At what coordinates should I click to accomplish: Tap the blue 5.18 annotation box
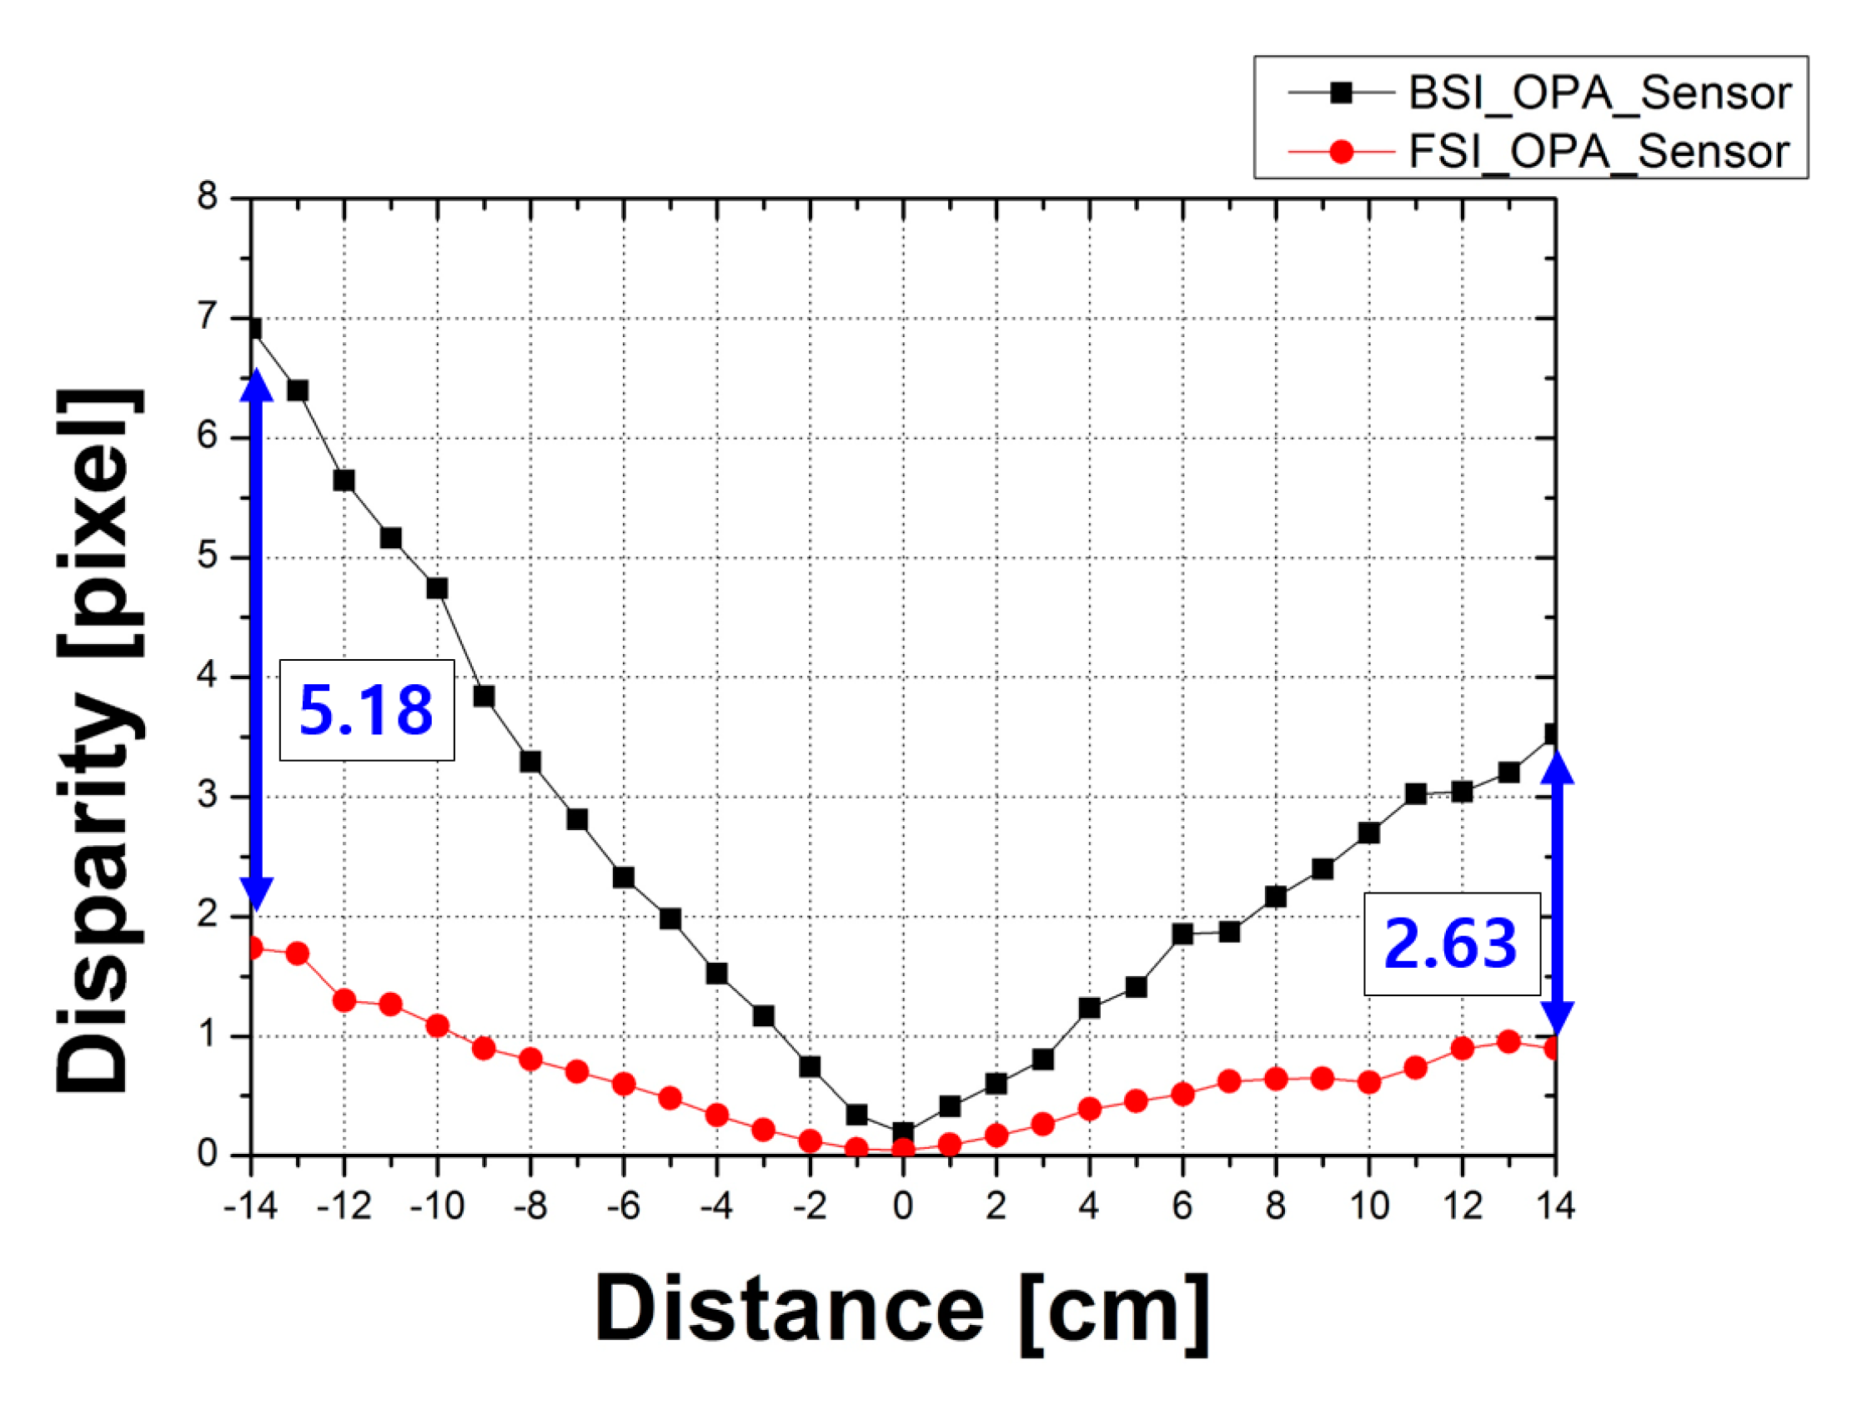367,710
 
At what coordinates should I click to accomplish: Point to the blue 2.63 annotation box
1451,944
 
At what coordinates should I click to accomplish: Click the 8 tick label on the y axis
208,198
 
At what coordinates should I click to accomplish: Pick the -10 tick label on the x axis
437,1206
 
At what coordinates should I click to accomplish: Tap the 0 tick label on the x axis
902,1206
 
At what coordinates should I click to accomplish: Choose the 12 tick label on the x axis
1462,1206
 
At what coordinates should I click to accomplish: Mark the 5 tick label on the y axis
208,556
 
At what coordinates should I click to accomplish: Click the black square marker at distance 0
903,1132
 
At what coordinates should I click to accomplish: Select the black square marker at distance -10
437,588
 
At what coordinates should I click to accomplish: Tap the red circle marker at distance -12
344,1000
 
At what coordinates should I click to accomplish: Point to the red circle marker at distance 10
1368,1082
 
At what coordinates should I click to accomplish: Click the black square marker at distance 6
1182,934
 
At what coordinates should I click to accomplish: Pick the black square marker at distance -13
297,390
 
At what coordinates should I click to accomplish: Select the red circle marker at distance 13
1508,1041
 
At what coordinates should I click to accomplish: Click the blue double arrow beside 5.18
258,638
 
